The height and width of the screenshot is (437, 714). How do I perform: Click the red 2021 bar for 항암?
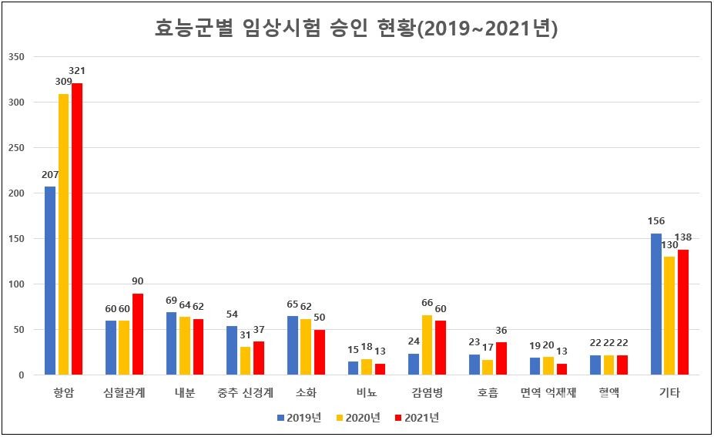pyautogui.click(x=77, y=229)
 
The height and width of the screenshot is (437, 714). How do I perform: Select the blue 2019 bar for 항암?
pyautogui.click(x=50, y=281)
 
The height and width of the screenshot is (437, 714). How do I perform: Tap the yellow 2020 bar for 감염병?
pyautogui.click(x=427, y=345)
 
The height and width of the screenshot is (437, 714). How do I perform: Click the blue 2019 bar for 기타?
pyautogui.click(x=656, y=304)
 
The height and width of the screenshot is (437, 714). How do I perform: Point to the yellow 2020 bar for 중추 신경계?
pyautogui.click(x=245, y=361)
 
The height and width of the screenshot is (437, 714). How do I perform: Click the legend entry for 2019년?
pyautogui.click(x=298, y=418)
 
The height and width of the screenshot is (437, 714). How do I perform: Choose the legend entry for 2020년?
pyautogui.click(x=358, y=418)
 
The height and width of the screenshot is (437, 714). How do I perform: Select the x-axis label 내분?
pyautogui.click(x=184, y=393)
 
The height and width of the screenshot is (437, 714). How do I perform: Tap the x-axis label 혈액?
pyautogui.click(x=608, y=393)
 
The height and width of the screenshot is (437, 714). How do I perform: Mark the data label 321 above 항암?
pyautogui.click(x=78, y=71)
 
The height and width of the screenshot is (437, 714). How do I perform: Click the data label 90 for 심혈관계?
pyautogui.click(x=138, y=281)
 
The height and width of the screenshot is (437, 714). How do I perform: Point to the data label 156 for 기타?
pyautogui.click(x=657, y=221)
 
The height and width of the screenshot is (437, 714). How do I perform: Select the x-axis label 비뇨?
pyautogui.click(x=366, y=393)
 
